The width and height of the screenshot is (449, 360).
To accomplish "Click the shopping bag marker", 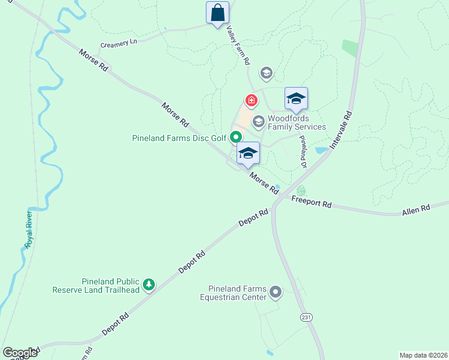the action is pyautogui.click(x=217, y=13).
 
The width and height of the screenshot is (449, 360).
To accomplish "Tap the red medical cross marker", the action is pyautogui.click(x=251, y=100).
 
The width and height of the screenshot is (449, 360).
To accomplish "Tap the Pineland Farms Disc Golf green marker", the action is pyautogui.click(x=236, y=138).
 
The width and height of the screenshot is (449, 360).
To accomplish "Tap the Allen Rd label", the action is pyautogui.click(x=417, y=209).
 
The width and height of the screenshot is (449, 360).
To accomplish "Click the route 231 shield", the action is pyautogui.click(x=307, y=317).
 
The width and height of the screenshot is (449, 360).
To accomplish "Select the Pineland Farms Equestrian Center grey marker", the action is pyautogui.click(x=276, y=292).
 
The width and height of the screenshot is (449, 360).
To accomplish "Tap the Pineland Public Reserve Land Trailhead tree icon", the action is pyautogui.click(x=148, y=285).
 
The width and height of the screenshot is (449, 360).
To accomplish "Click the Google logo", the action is pyautogui.click(x=20, y=353).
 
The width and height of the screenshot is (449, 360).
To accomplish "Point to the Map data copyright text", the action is pyautogui.click(x=423, y=355).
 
